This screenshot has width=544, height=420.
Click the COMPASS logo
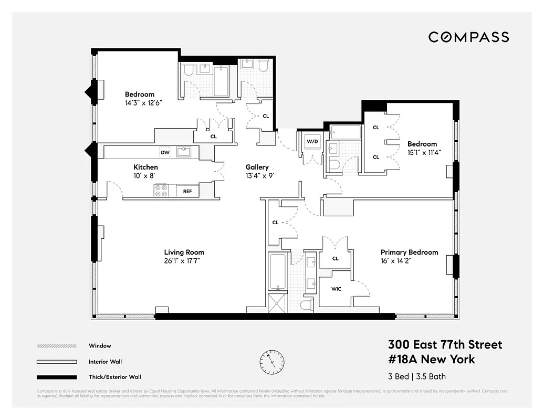coord(468,37)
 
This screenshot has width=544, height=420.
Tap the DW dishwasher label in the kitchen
coord(165,152)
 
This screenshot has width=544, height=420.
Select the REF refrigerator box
coord(187,191)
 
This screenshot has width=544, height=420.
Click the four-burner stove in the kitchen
coord(161,191)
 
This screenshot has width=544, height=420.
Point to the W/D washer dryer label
coord(311,141)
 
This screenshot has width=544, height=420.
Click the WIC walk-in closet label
coord(336,289)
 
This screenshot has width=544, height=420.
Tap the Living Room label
coord(184,252)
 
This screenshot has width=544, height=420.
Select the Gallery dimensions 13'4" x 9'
coord(257,176)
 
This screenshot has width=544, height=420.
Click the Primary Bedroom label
coord(409,252)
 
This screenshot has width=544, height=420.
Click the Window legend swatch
coord(56,346)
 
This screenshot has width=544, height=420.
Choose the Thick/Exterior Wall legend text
coord(115,376)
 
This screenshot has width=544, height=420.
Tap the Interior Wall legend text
coord(106,361)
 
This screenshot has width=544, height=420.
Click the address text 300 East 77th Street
coord(445,344)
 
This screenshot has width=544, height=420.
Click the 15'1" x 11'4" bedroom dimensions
coord(424,152)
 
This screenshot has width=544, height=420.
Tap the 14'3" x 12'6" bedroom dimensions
coord(140,103)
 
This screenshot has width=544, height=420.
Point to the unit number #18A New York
coord(431,359)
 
